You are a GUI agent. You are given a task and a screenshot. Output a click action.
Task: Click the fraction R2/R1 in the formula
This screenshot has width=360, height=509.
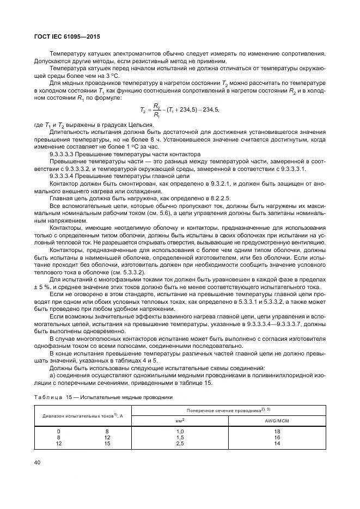tap(156, 109)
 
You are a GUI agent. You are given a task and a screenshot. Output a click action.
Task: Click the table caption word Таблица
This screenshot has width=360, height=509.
tap(48, 397)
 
